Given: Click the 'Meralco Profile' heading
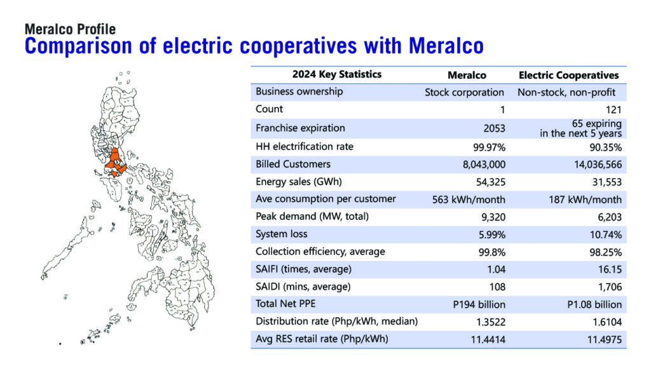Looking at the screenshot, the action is pos(70,29).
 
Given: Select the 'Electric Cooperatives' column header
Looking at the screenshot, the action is pos(568,75).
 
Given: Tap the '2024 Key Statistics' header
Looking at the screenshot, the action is pos(337,74).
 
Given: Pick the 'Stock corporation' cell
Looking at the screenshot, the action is pos(464,92).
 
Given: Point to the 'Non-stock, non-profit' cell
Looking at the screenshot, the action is pos(566,92).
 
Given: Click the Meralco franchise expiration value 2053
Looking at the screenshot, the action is pos(494,128).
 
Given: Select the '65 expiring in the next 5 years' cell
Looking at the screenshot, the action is pos(580,128).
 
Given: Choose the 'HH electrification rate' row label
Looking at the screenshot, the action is pos(305,147).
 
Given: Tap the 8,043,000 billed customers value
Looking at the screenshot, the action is pos(484,165).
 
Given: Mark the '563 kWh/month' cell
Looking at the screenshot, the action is pos(469,200).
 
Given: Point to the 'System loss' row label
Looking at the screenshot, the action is pos(282,234).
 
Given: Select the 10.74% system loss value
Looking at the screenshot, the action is pos(606,235).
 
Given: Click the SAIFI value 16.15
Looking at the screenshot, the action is pos(610,269).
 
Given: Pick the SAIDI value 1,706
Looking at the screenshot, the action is pos(610,287).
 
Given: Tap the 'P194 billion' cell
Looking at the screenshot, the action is pos(479,304).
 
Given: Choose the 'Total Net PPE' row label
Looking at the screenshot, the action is pos(285,304).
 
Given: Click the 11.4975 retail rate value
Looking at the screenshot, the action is pos(605,340).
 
